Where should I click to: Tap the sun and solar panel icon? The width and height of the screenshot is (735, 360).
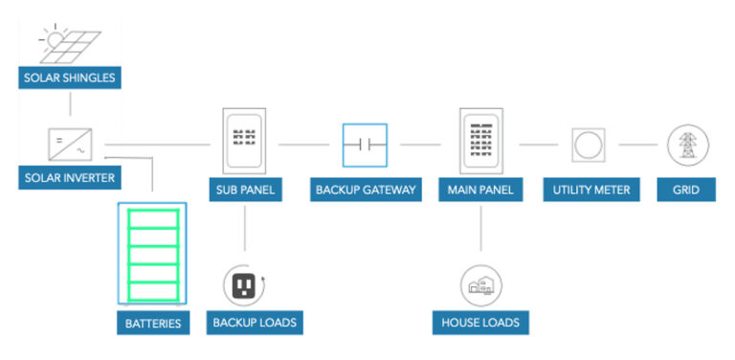click(x=68, y=39)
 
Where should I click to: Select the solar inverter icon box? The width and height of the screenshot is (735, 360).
click(x=70, y=145)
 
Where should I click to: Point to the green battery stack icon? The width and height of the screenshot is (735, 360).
click(x=152, y=253)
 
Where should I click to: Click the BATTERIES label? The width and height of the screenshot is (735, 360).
click(x=153, y=323)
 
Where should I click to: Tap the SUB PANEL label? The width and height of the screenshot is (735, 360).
click(x=245, y=190)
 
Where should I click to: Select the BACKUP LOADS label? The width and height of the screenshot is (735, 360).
click(x=255, y=323)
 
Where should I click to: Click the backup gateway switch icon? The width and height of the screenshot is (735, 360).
click(x=365, y=146)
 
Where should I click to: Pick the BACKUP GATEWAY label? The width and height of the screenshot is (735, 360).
click(x=365, y=190)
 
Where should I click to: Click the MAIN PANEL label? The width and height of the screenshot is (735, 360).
click(x=480, y=190)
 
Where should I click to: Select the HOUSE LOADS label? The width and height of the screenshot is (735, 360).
click(x=480, y=323)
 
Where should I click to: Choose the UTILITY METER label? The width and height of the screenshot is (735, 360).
click(x=591, y=190)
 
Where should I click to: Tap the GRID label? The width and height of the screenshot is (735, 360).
click(x=686, y=190)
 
